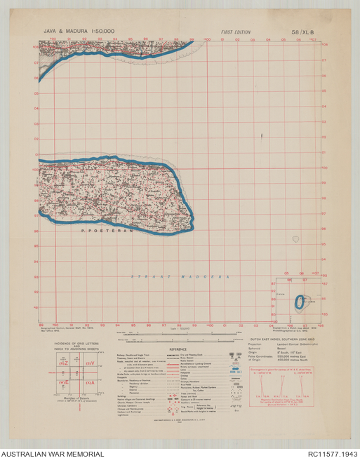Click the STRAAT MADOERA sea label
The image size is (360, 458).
tap(181, 277)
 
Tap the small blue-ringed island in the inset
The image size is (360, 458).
tap(300, 302)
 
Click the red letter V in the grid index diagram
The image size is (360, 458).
tap(91, 363)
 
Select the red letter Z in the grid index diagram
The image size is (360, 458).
tap(64, 363)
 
